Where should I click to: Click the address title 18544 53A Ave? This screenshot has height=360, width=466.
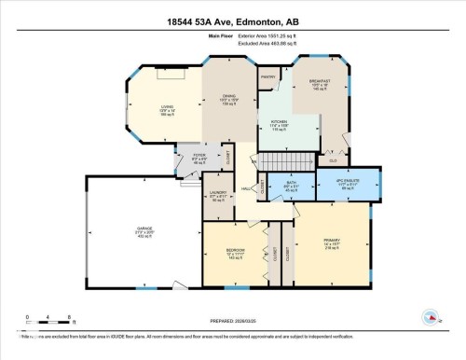(233, 23)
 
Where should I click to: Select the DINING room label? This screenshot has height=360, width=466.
(229, 95)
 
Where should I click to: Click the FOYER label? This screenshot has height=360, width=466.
(199, 155)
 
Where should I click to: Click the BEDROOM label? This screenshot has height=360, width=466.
(235, 250)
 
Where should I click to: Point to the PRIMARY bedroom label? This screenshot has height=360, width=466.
(332, 241)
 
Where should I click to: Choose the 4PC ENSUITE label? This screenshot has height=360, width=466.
(349, 181)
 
